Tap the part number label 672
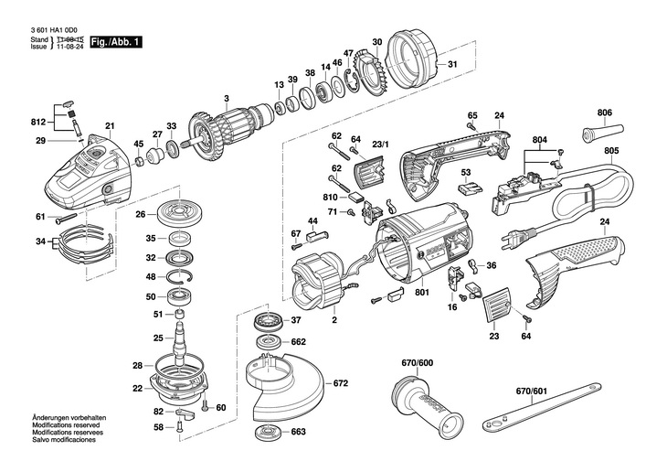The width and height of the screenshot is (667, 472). pyautogui.click(x=340, y=383)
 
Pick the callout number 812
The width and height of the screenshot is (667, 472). pyautogui.click(x=37, y=122)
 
